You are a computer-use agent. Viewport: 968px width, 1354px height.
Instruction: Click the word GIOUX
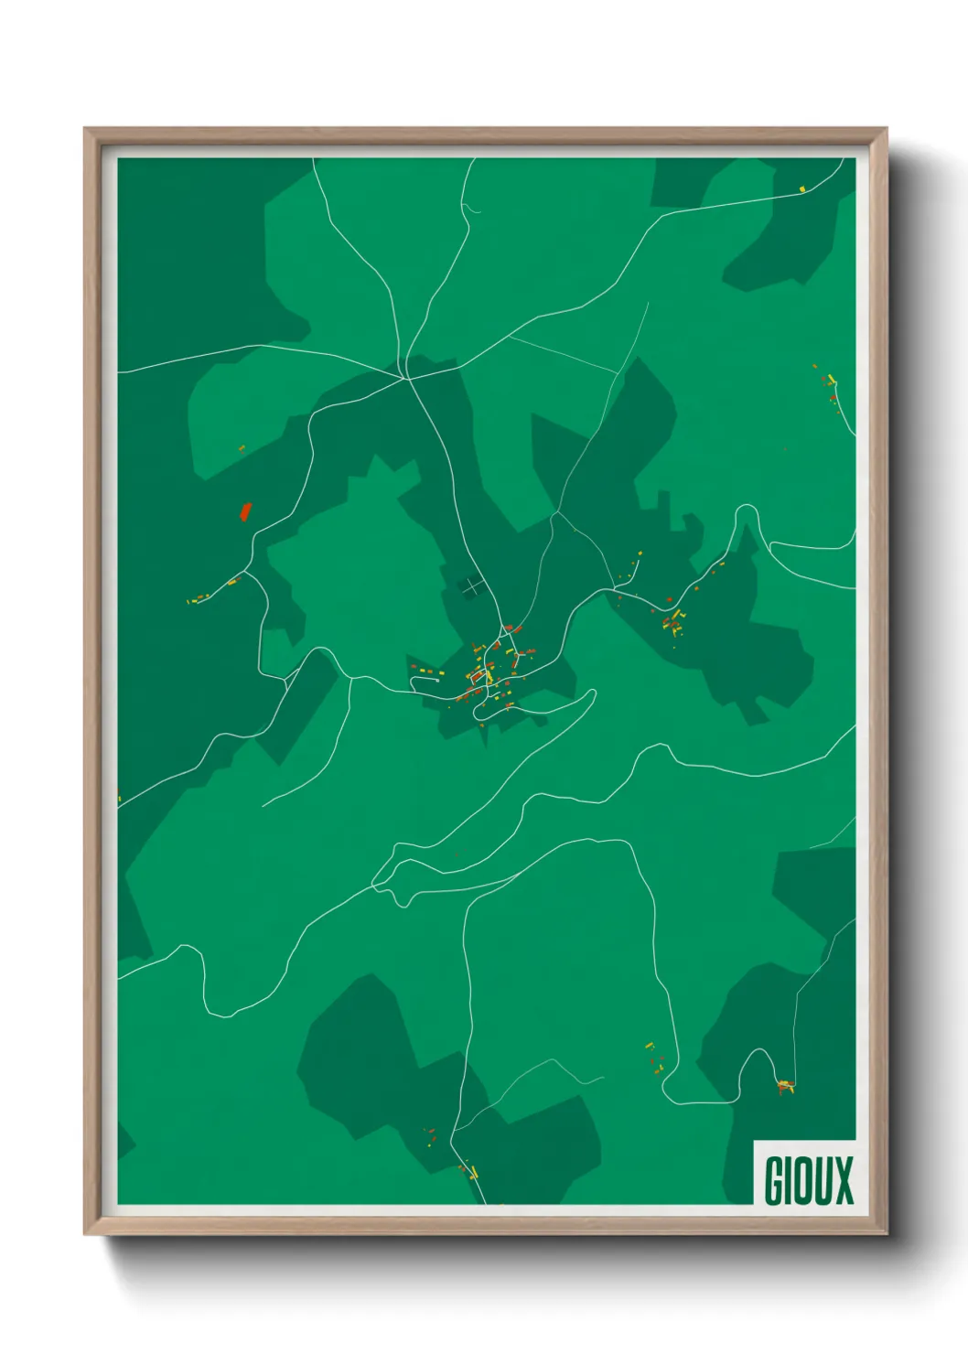click(x=808, y=1180)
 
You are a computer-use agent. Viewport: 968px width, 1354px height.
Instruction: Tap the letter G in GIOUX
click(x=774, y=1180)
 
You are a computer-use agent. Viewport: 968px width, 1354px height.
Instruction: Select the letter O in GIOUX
click(x=804, y=1180)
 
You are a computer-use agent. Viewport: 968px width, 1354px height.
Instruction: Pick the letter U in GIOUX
click(x=823, y=1180)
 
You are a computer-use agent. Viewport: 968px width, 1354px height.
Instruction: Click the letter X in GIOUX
click(x=843, y=1180)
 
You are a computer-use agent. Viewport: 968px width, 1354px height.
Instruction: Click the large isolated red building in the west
click(x=244, y=510)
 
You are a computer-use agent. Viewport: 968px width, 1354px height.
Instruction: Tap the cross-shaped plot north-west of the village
click(x=470, y=586)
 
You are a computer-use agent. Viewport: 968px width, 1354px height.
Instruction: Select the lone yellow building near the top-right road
click(x=802, y=189)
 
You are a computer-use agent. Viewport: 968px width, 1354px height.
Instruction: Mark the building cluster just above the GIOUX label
click(x=785, y=1087)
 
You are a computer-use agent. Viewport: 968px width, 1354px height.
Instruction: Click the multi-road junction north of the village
click(x=403, y=378)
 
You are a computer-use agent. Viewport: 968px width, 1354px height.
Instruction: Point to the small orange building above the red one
click(x=242, y=448)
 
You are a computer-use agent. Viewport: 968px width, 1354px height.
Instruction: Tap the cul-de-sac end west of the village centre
click(x=412, y=679)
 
